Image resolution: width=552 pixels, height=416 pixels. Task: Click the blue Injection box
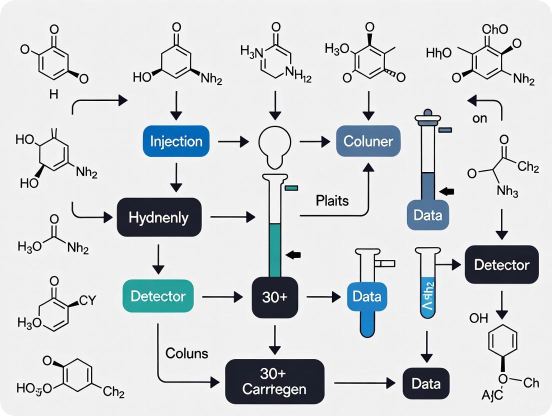tap(176, 141)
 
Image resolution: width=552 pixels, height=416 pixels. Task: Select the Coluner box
tap(368, 141)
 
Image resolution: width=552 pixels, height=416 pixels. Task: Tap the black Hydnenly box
tap(158, 217)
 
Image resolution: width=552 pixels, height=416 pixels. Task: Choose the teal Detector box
tap(157, 296)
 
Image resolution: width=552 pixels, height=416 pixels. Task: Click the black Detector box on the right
tap(501, 265)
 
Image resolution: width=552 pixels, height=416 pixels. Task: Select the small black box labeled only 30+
tap(274, 296)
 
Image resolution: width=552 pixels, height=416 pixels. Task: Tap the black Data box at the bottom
tap(426, 384)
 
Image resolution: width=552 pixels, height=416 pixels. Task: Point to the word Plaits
tap(332, 201)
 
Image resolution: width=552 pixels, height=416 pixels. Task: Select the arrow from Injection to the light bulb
tap(233, 142)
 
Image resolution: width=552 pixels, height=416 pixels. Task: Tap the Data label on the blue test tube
tap(367, 296)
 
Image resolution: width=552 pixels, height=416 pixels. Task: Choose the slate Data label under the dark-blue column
tap(428, 215)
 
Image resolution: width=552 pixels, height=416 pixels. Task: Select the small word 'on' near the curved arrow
tap(479, 119)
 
